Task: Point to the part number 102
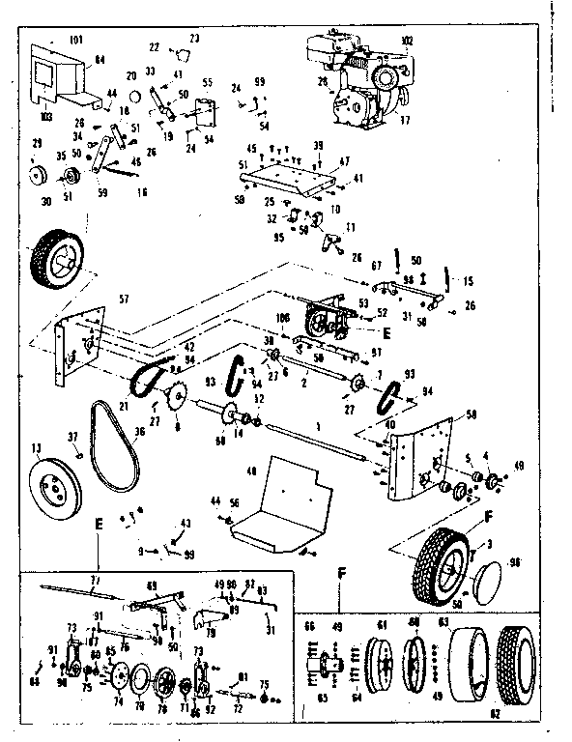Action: [x=407, y=40]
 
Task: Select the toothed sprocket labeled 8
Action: [x=175, y=396]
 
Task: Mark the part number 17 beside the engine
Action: [x=404, y=121]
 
